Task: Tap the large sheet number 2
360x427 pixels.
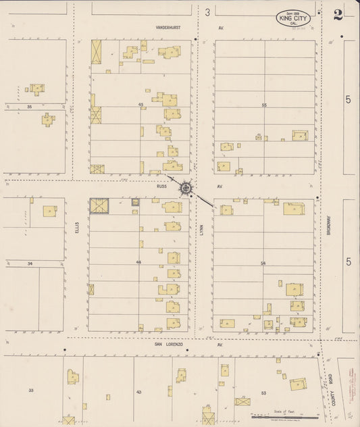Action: point(338,15)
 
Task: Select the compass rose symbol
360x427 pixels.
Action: point(184,187)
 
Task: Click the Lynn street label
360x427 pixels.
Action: point(201,230)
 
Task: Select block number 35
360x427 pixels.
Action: point(29,107)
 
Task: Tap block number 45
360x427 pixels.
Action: point(140,105)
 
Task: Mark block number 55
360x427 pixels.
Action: point(264,105)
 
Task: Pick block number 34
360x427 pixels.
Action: point(30,263)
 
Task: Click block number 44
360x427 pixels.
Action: point(138,261)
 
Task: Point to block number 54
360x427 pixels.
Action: point(264,261)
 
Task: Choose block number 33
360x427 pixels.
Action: point(31,391)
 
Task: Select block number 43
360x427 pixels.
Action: point(138,391)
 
